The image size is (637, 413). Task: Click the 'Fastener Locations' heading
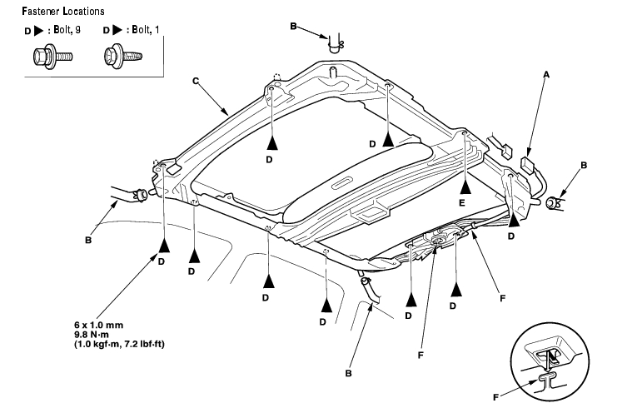pos(63,11)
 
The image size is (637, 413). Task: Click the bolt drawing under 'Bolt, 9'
pos(52,57)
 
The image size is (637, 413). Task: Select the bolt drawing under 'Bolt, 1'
pos(123,57)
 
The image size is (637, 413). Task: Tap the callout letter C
pos(196,81)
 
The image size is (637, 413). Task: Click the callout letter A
pos(546,75)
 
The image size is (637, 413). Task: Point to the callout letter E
pos(462,202)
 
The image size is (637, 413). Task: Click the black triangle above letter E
pos(465,187)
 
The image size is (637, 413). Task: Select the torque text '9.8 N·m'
pos(92,335)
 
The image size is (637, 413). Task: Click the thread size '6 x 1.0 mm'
pos(99,325)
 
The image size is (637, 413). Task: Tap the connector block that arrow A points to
pos(527,165)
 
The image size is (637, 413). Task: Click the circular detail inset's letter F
pos(495,397)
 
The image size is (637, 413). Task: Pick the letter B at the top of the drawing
pos(293,27)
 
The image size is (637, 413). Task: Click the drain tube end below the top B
pos(336,44)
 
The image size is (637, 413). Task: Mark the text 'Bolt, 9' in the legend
pos(67,30)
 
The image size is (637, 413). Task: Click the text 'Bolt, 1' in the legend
pos(146,30)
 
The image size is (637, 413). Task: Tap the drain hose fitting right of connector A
pos(554,202)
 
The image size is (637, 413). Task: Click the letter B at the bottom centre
pos(348,373)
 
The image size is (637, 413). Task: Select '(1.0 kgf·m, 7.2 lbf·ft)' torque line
pos(119,345)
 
